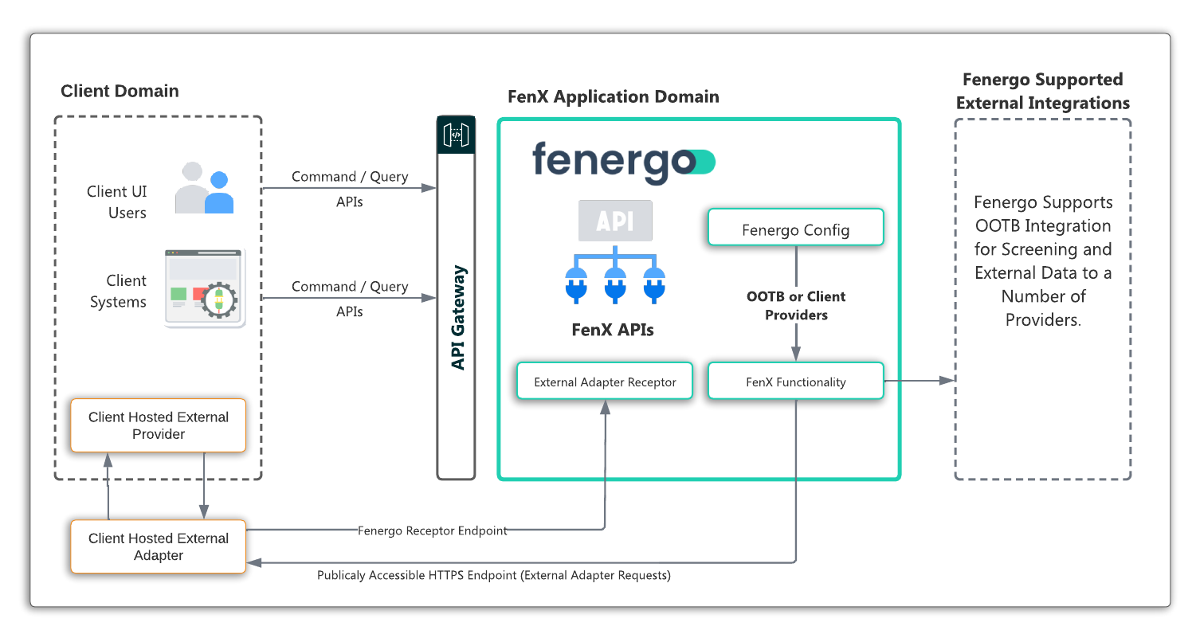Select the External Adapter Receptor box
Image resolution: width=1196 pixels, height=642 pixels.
point(605,382)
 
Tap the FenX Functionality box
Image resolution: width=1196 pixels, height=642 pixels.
point(795,382)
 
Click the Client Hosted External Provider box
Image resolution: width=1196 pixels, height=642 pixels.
point(158,425)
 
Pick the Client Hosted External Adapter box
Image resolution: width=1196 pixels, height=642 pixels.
point(158,546)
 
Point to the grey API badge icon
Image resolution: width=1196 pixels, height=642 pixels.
point(614,221)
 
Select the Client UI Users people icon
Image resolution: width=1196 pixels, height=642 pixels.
point(205,189)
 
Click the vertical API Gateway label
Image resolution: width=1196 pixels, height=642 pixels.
point(457,318)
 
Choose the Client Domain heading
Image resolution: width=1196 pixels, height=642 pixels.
point(120,91)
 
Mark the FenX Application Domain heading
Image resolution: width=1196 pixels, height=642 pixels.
point(613,97)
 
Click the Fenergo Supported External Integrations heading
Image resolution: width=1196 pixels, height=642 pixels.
point(1042,91)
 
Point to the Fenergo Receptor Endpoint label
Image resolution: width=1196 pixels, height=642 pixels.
point(432,530)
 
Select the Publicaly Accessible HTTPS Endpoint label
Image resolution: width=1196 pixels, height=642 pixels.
point(493,575)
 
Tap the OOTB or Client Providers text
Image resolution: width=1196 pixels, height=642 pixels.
point(795,305)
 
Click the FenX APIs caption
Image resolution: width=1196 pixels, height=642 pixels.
point(613,329)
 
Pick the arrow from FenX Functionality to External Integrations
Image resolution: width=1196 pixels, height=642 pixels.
point(919,381)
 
